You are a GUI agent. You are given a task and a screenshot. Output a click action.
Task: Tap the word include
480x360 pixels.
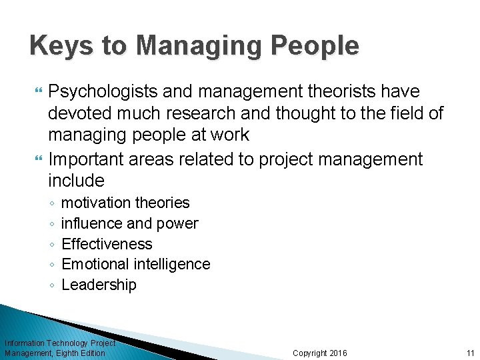pyautogui.click(x=76, y=181)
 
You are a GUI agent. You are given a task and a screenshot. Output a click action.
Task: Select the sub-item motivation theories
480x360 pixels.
pyautogui.click(x=125, y=203)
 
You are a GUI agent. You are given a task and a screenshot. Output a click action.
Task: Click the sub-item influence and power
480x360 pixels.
pyautogui.click(x=129, y=223)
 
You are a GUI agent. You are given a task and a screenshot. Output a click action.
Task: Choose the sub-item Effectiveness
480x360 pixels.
pyautogui.click(x=107, y=244)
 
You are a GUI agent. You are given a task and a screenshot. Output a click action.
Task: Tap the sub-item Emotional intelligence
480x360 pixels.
pyautogui.click(x=135, y=264)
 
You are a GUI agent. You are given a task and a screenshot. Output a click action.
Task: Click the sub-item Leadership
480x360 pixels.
pyautogui.click(x=99, y=285)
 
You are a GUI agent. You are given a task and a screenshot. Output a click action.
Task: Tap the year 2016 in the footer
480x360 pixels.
pyautogui.click(x=339, y=353)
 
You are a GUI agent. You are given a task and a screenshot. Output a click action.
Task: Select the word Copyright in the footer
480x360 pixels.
pyautogui.click(x=310, y=353)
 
